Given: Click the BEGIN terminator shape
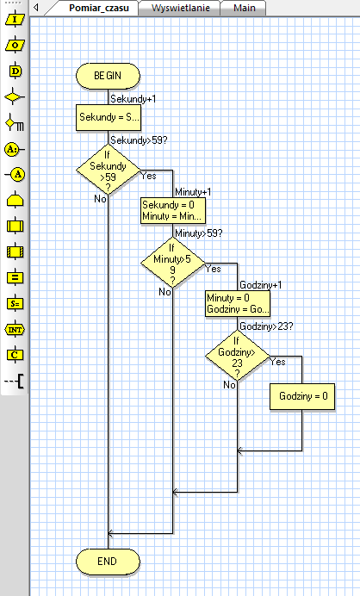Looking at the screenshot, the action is tap(108, 76).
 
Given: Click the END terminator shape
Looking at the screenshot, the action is tap(108, 562).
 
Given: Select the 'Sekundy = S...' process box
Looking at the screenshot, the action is tap(108, 117).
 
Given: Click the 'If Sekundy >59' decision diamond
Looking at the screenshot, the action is tap(108, 170).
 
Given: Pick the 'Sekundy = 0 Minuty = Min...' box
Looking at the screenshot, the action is tap(173, 210).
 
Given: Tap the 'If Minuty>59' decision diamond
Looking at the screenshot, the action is tap(172, 263).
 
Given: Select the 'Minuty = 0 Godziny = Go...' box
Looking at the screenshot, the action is tap(238, 304).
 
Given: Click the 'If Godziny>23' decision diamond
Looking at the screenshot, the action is tap(237, 356).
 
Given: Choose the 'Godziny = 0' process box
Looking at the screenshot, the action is tap(302, 396).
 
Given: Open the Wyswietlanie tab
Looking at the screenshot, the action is tap(180, 8).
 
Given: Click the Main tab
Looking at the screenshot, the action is tap(244, 8).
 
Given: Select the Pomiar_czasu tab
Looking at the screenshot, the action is tap(98, 8).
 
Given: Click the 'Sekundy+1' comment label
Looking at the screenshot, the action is tap(133, 99).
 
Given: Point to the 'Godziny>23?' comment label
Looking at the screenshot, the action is tap(266, 326).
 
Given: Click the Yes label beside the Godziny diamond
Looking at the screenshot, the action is tap(278, 362).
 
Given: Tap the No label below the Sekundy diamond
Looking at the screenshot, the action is tap(100, 199).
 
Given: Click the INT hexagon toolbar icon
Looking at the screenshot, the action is tap(16, 330).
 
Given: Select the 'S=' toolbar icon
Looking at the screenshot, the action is tap(16, 303).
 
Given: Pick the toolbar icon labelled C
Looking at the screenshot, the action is tap(16, 355).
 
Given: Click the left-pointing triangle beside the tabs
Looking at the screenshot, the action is tap(36, 7).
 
